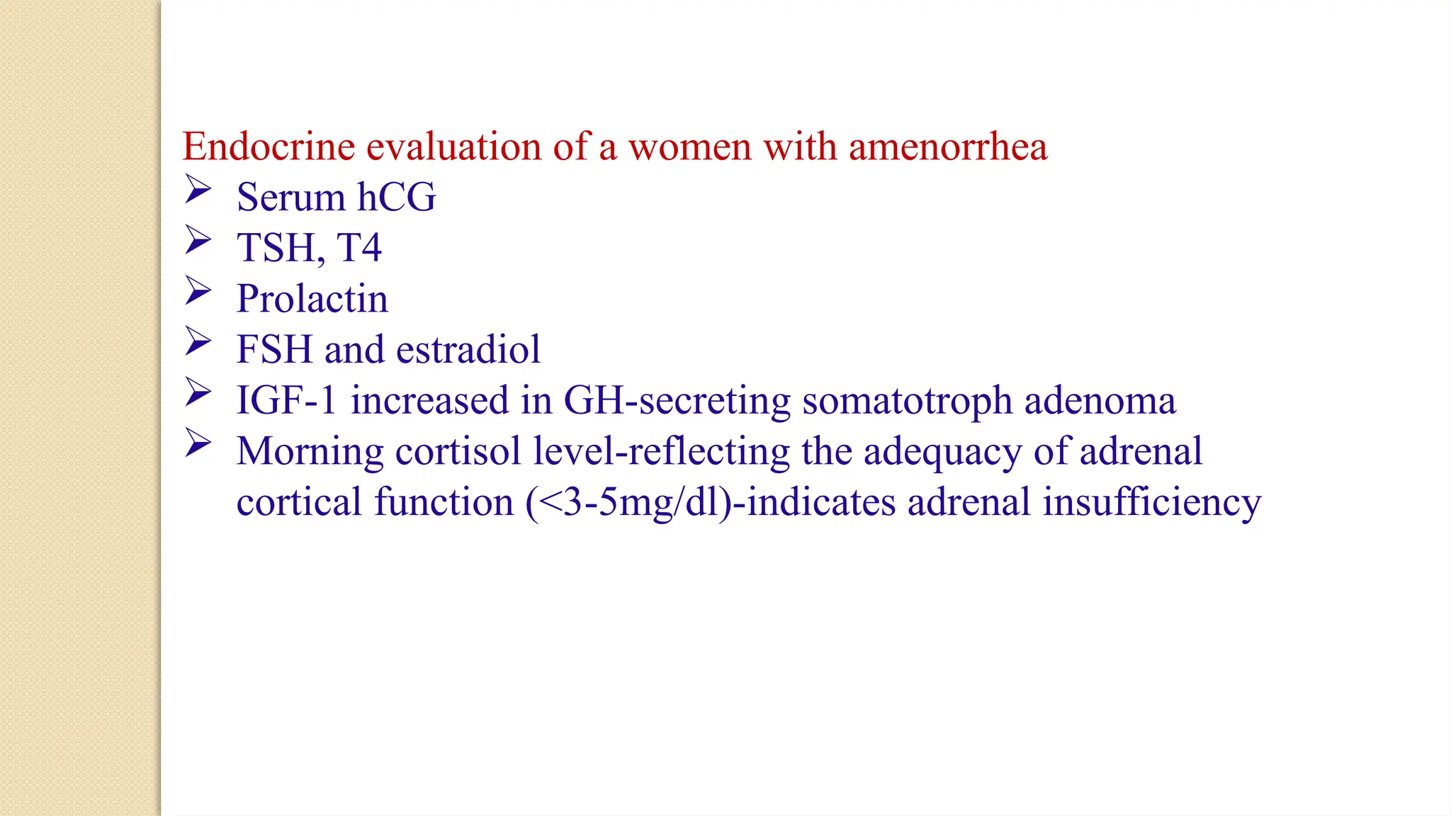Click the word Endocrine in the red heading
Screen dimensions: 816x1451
pyautogui.click(x=269, y=147)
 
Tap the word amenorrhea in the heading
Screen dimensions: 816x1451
pyautogui.click(x=947, y=147)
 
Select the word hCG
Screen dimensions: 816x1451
pyautogui.click(x=396, y=197)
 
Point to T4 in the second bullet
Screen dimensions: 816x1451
pyautogui.click(x=359, y=248)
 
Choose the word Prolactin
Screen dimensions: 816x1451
pyautogui.click(x=312, y=299)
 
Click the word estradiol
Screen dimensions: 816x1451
pyautogui.click(x=468, y=350)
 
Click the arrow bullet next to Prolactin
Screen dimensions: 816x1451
pyautogui.click(x=198, y=291)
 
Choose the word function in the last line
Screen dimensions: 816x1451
pyautogui.click(x=444, y=502)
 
